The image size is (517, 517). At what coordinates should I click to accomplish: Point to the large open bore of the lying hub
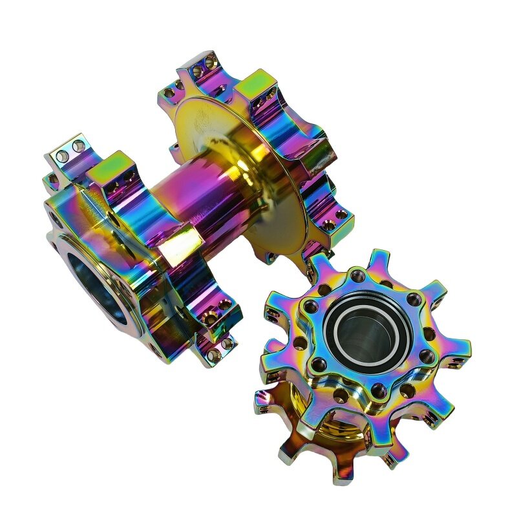[97, 291]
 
